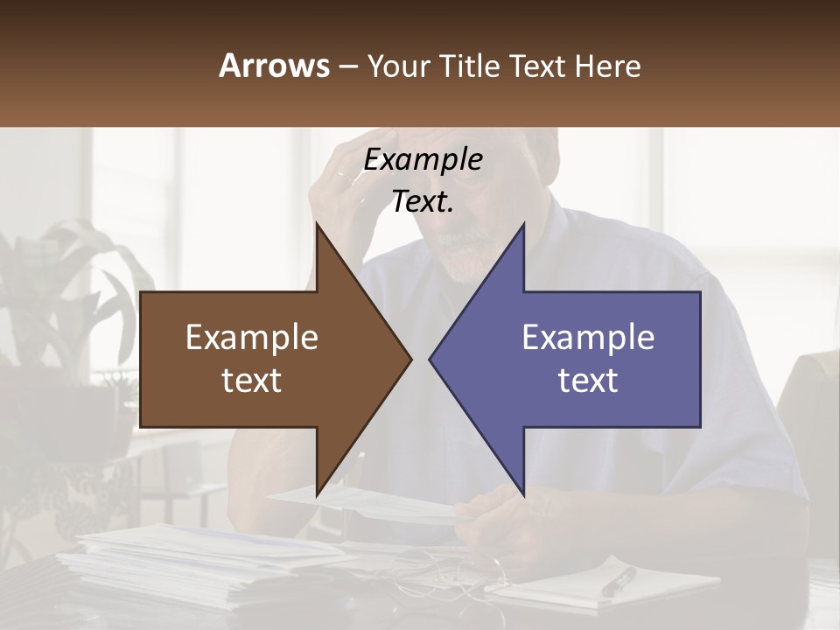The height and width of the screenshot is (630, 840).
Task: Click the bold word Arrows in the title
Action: [275, 66]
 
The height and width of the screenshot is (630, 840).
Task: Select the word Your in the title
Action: [397, 66]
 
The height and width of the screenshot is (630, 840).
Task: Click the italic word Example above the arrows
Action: [423, 160]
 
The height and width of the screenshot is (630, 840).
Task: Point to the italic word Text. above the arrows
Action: [423, 202]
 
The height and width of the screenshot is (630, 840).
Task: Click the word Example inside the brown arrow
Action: [252, 338]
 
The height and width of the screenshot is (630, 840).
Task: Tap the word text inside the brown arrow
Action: [252, 381]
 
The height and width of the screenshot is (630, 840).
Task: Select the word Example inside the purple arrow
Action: [588, 338]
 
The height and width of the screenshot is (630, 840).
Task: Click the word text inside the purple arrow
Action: [588, 381]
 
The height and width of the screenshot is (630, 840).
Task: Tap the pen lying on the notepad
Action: [619, 581]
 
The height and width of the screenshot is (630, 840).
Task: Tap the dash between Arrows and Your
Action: [347, 66]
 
